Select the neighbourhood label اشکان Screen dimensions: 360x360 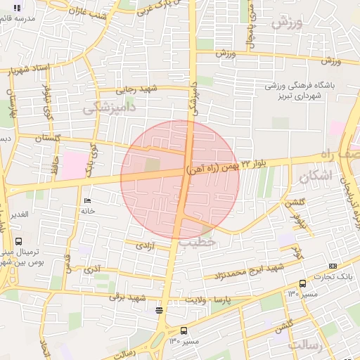pos(314,177)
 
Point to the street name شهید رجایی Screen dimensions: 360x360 pos(133,89)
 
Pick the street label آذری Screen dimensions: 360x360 pos(92,269)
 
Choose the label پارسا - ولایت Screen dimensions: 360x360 pos(208,300)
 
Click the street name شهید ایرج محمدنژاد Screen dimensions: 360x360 pos(250,270)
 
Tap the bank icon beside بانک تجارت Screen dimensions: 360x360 pos(333,266)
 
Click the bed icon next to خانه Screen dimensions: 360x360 pos(88,201)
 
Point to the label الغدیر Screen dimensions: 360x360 pos(19,214)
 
